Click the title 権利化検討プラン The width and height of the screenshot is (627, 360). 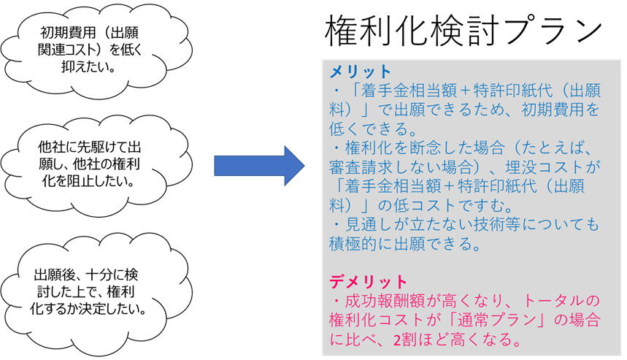(x=463, y=31)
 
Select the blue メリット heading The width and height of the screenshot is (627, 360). (x=361, y=72)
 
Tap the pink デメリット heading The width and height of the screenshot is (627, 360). (x=369, y=282)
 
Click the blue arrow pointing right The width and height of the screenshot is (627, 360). (x=259, y=166)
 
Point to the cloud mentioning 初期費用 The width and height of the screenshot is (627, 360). (x=96, y=50)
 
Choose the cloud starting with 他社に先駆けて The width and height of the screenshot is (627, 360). (x=96, y=165)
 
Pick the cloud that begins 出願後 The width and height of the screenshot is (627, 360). (x=96, y=293)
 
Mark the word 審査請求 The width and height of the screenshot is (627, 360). (x=361, y=167)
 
